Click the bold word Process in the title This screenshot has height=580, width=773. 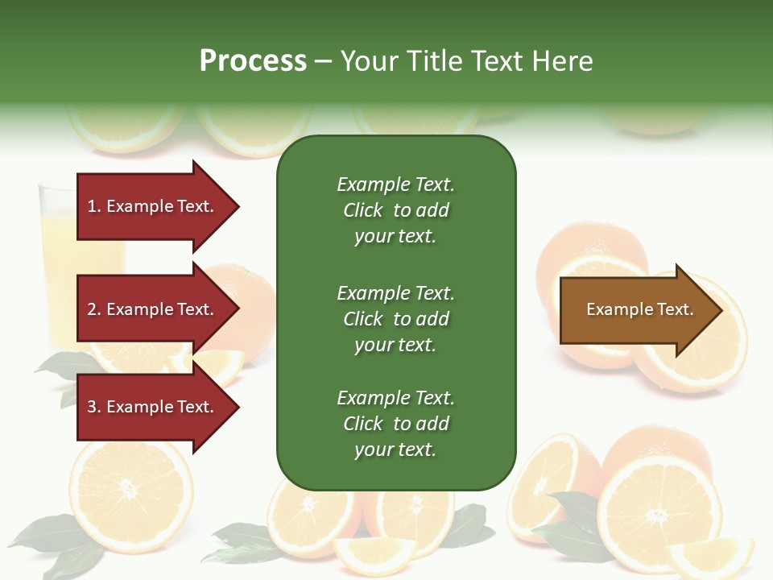[253, 61]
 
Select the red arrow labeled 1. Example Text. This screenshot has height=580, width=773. [153, 206]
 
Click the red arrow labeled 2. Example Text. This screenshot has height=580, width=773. [153, 309]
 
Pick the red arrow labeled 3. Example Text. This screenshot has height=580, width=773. [153, 407]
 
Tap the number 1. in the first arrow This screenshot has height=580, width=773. [94, 206]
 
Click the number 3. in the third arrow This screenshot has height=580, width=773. [94, 407]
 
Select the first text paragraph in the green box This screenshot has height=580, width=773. [395, 210]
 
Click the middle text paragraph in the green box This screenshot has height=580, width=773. [395, 319]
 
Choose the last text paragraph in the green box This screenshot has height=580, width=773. [395, 424]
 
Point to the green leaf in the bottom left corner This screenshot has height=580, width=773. [48, 536]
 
